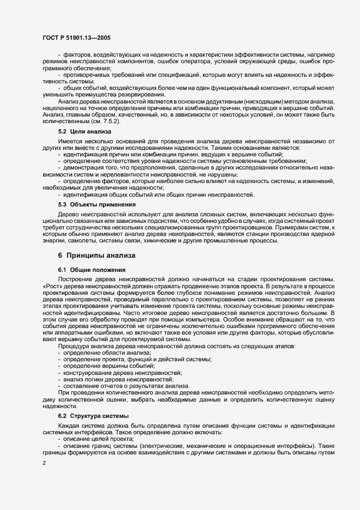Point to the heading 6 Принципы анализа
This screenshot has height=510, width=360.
click(97, 255)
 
